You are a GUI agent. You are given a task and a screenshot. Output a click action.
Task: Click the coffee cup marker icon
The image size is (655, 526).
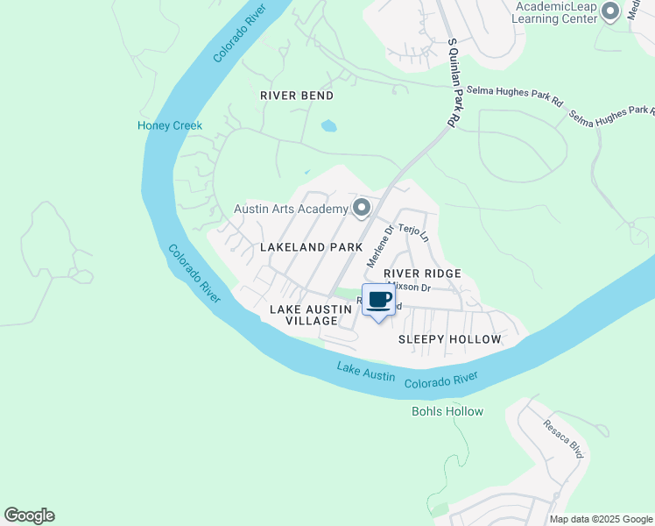coord(378,301)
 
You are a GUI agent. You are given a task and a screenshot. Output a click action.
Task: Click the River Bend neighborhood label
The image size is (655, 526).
coord(298,95)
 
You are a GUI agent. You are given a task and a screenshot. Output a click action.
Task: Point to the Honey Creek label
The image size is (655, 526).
coord(170,125)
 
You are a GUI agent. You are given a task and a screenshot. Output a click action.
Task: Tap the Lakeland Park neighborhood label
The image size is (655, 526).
coord(311,247)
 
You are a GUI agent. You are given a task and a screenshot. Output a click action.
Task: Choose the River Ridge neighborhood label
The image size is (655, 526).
coord(422,274)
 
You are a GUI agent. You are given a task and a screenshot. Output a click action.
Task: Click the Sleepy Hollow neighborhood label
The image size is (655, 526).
coord(450,339)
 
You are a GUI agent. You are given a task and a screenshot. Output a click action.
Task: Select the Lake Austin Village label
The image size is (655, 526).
coord(304,316)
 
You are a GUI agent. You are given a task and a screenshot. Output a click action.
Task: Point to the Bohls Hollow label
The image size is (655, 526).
coord(447,411)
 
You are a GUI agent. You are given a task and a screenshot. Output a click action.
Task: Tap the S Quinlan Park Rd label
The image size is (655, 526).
coord(453,83)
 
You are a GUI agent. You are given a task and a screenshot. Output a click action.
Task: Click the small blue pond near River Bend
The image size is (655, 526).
coord(328,126)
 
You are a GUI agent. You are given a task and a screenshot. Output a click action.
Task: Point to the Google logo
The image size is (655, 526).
coord(29,515)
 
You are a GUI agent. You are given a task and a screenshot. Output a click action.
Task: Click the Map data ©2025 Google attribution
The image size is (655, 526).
coord(601,519)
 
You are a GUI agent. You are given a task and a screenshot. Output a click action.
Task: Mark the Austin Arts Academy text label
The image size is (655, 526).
coord(291,209)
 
